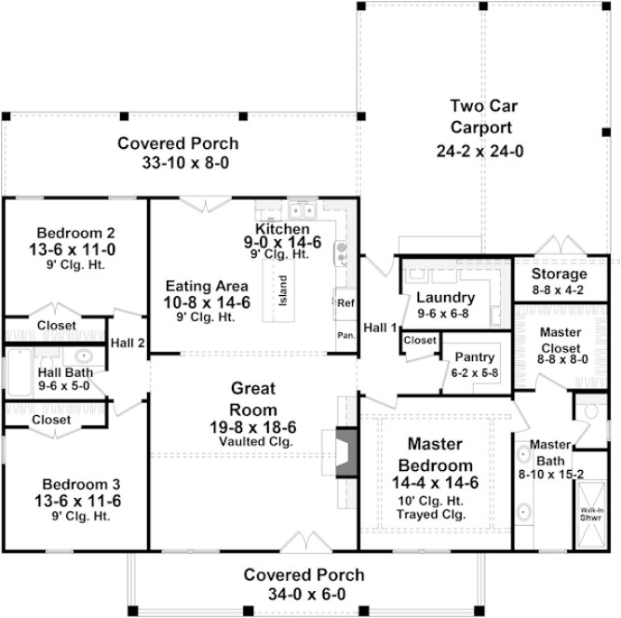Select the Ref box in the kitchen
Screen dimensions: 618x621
pyautogui.click(x=345, y=303)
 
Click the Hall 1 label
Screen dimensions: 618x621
pyautogui.click(x=380, y=327)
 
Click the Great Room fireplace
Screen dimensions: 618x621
pyautogui.click(x=345, y=452)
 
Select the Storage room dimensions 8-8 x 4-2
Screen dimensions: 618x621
pyautogui.click(x=559, y=290)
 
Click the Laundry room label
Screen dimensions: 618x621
pyautogui.click(x=445, y=298)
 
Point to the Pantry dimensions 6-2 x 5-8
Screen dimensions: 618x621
pyautogui.click(x=474, y=372)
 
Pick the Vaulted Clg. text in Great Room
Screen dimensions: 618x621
pyautogui.click(x=253, y=442)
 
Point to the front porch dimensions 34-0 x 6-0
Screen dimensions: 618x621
pyautogui.click(x=304, y=594)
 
